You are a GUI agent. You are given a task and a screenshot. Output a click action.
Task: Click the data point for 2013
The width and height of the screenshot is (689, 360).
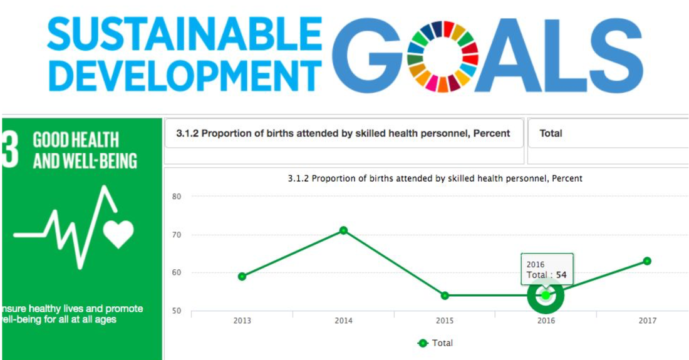tap(242, 276)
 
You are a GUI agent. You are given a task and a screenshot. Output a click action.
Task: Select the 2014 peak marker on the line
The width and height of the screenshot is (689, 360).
tap(343, 230)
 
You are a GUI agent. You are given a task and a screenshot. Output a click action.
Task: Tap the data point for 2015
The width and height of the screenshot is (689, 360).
tap(445, 296)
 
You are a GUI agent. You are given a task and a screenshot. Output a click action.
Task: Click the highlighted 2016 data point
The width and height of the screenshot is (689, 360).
tap(546, 295)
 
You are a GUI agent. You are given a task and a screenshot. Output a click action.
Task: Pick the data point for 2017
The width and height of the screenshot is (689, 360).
tap(647, 261)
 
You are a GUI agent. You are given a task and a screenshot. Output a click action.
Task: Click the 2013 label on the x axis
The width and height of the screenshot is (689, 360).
tap(242, 321)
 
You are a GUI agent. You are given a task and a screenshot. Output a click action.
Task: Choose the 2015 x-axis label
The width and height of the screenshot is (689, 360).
tap(445, 321)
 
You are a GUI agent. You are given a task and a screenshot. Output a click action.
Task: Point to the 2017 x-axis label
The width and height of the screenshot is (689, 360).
tap(647, 321)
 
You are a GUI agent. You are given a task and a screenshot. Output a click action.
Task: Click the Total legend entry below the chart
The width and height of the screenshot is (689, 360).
tap(435, 343)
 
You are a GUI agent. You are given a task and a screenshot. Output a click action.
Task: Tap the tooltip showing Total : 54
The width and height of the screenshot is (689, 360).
tap(547, 270)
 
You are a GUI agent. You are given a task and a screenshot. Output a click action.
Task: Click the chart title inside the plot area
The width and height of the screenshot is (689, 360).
tap(435, 178)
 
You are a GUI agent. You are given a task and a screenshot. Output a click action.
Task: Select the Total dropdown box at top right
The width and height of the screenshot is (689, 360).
tap(608, 133)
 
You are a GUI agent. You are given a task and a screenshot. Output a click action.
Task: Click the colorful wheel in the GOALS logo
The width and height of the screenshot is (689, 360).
tap(442, 56)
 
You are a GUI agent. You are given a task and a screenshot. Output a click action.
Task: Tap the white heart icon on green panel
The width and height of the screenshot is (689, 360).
tap(118, 234)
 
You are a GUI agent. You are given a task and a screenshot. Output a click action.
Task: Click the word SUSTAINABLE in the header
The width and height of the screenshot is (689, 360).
tap(185, 34)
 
